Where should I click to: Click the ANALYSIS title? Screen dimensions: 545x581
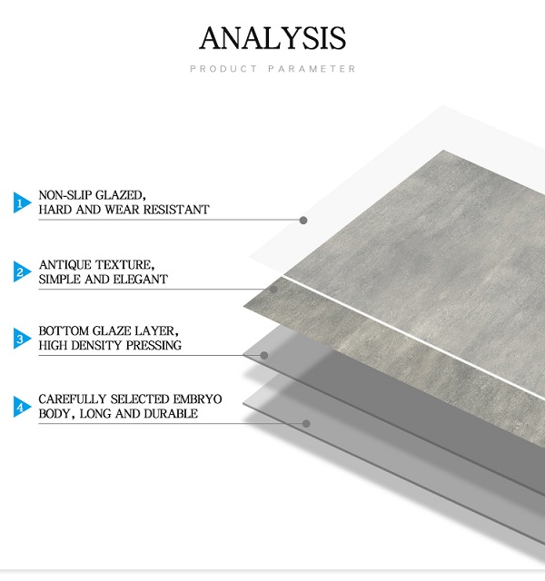pyautogui.click(x=272, y=38)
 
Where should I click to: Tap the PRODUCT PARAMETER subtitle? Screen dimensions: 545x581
pyautogui.click(x=272, y=69)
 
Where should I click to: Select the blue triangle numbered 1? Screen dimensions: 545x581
pyautogui.click(x=22, y=202)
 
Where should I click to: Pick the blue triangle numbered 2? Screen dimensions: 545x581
pyautogui.click(x=22, y=271)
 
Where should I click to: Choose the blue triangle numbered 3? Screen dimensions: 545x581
pyautogui.click(x=22, y=339)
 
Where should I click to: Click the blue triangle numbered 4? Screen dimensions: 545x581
pyautogui.click(x=22, y=407)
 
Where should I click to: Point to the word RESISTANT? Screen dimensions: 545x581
pyautogui.click(x=176, y=210)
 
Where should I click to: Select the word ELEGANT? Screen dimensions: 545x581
pyautogui.click(x=140, y=279)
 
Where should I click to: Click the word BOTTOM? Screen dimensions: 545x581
pyautogui.click(x=63, y=330)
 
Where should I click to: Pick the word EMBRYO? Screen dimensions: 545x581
pyautogui.click(x=197, y=399)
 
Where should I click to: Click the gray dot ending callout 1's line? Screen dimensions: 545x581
pyautogui.click(x=303, y=221)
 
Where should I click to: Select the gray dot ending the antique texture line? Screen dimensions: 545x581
pyautogui.click(x=273, y=290)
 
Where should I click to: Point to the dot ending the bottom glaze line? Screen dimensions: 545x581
pyautogui.click(x=264, y=356)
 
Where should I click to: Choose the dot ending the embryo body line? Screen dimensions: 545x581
pyautogui.click(x=306, y=424)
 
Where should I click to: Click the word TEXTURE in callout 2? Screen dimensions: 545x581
pyautogui.click(x=124, y=265)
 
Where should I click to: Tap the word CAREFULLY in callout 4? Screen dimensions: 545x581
pyautogui.click(x=73, y=399)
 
